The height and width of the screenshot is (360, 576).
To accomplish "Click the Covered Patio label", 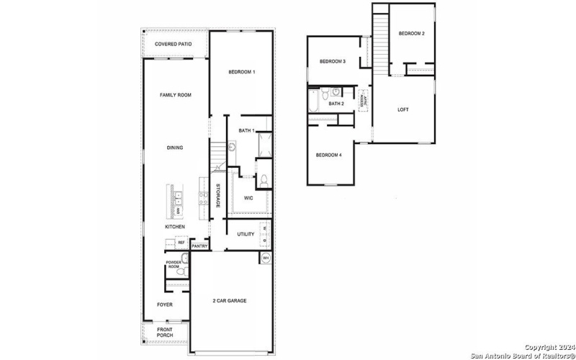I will pos(174,44).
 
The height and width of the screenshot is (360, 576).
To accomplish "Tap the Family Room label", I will pos(175,95).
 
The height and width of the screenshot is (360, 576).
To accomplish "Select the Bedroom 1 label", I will pos(242,72).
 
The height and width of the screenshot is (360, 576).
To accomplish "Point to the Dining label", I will pos(175,148).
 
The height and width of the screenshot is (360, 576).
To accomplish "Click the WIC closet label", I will pos(248,197).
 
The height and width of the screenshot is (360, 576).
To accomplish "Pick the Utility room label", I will pos(246,234).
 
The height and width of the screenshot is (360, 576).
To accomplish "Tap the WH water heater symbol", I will pos(265,258).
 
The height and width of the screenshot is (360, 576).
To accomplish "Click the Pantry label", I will pos(199,246).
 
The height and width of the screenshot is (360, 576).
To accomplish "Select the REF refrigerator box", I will pos(181,243).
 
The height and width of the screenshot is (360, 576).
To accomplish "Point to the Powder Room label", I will pos(174,264).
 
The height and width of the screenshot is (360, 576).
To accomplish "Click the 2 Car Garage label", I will pos(230,300).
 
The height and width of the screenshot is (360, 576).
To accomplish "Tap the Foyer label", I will pos(166,305).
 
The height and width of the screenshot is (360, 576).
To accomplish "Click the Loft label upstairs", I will pos(403,109).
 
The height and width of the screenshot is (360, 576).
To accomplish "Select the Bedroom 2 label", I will pos(412,34).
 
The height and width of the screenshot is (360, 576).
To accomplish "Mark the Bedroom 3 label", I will pos(333,62).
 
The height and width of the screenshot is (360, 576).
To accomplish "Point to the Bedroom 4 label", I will pos(328,156).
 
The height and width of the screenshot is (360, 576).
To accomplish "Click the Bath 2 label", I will pos(336,104).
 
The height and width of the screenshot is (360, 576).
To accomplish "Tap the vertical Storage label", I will pos(218,196).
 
